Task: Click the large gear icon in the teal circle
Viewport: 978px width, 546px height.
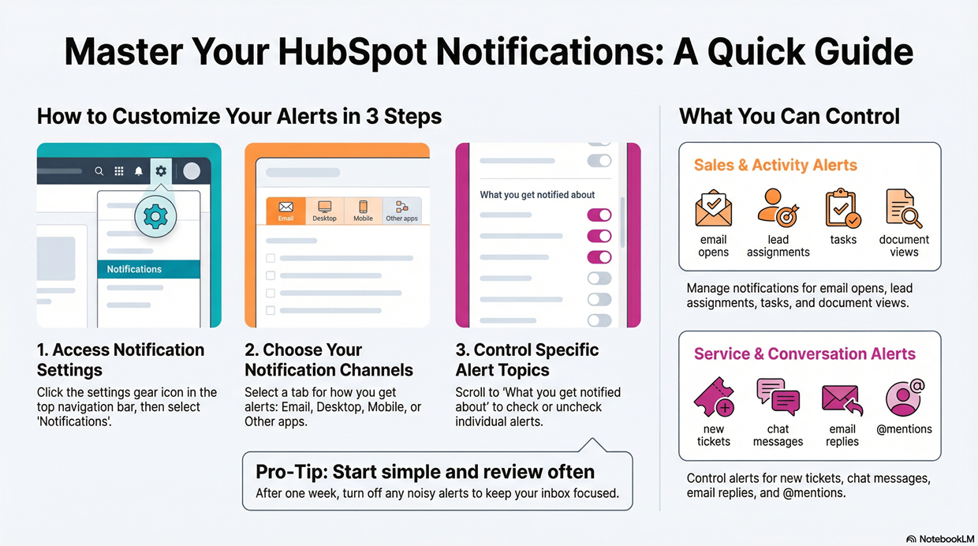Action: (x=155, y=215)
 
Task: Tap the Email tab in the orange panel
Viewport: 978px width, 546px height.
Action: (x=286, y=211)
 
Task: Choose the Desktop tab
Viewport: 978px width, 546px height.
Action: (x=324, y=211)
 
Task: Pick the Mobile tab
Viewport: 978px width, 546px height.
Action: (x=363, y=211)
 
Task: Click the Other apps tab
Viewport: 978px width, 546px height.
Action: (x=401, y=211)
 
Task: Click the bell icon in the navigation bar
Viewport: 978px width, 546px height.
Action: (x=139, y=171)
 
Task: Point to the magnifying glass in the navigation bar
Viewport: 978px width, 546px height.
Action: (x=99, y=171)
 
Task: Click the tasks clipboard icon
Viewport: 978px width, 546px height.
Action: (x=842, y=208)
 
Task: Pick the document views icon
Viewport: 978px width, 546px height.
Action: (x=904, y=208)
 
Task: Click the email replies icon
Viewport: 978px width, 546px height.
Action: (x=842, y=398)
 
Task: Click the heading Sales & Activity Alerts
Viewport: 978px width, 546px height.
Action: (x=775, y=165)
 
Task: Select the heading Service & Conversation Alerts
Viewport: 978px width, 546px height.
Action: (x=804, y=353)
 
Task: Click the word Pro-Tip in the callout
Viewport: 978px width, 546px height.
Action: (x=289, y=472)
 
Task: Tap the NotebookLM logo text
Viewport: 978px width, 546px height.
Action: (x=946, y=539)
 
